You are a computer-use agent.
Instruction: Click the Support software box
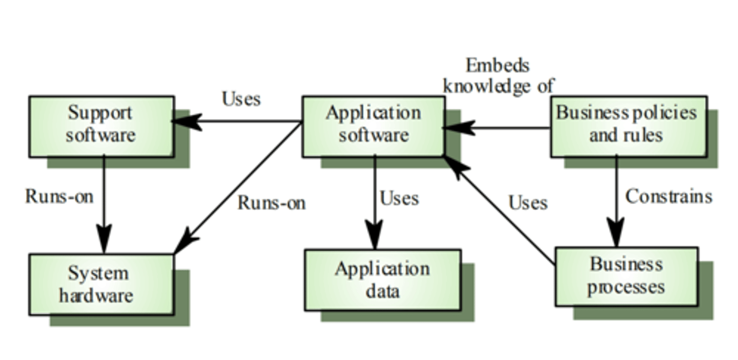(x=101, y=125)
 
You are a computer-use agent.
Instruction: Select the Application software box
(x=373, y=125)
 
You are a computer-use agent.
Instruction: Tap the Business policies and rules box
(x=628, y=125)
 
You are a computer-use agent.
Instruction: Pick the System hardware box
(x=101, y=284)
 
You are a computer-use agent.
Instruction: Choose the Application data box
(x=382, y=280)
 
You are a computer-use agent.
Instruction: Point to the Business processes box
(x=626, y=276)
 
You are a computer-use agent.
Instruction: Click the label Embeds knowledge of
(x=498, y=75)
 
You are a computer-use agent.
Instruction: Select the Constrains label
(x=669, y=196)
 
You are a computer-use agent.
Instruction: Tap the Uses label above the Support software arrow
(x=241, y=98)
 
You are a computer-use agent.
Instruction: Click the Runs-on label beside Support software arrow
(x=59, y=196)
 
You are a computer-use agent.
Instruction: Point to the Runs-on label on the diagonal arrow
(x=272, y=203)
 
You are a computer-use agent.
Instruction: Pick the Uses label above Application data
(x=399, y=198)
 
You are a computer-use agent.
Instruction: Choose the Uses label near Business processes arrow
(x=528, y=203)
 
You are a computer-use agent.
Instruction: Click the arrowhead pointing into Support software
(x=186, y=122)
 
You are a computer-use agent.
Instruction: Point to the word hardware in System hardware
(x=96, y=296)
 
